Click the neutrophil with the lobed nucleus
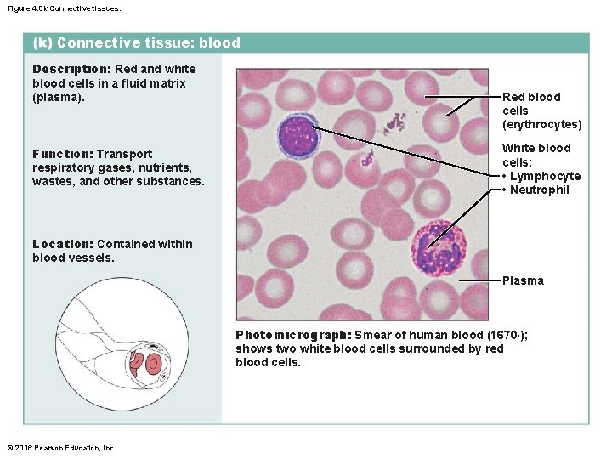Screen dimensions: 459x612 (439, 247)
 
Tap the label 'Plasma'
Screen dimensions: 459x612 (523, 280)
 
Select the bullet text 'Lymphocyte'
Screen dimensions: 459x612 (545, 176)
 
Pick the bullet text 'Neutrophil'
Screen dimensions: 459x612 (540, 190)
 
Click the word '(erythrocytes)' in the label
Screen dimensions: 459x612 (542, 125)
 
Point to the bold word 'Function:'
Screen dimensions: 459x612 (62, 154)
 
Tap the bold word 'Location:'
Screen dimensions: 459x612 (63, 244)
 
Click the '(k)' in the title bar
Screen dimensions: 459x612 (42, 42)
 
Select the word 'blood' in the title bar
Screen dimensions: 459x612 (220, 42)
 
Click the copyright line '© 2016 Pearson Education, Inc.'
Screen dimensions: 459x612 (61, 448)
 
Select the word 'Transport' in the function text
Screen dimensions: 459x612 (124, 154)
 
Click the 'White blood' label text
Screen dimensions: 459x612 (536, 148)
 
